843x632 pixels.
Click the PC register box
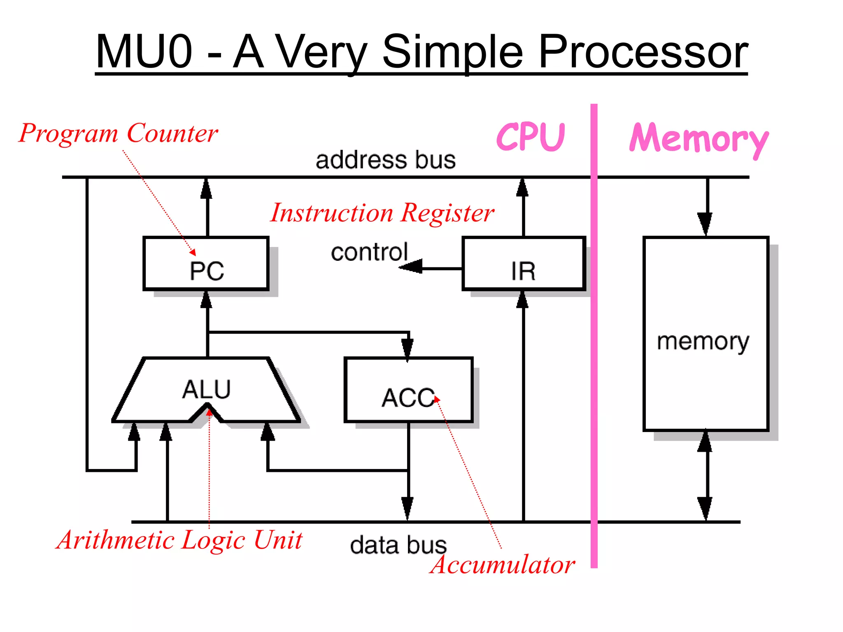[206, 263]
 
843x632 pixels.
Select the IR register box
[524, 263]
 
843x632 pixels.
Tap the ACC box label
[408, 398]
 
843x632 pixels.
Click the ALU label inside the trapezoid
[206, 389]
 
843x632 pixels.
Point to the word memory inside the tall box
[703, 342]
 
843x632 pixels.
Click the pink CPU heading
[531, 137]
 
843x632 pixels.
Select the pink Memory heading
[699, 139]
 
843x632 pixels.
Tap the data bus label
[398, 545]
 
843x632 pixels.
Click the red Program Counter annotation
[119, 133]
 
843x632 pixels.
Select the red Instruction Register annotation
[382, 213]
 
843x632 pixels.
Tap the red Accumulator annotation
[502, 565]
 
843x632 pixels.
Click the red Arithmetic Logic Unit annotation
[179, 540]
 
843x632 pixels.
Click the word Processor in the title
[643, 52]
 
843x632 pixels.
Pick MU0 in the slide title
[144, 52]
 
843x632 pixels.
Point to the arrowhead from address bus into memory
[705, 224]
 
